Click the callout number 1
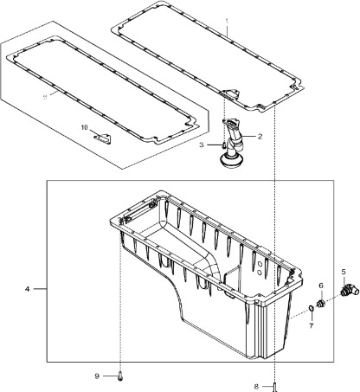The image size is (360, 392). tap(227, 20)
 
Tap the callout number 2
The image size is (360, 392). tap(259, 135)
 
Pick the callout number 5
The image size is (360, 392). tap(343, 271)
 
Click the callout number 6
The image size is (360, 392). tap(319, 285)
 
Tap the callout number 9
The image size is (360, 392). tap(98, 375)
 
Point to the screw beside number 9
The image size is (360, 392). tap(120, 376)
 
